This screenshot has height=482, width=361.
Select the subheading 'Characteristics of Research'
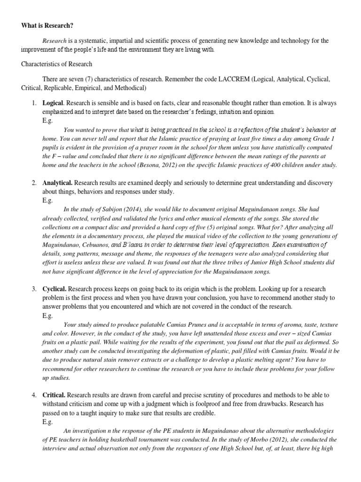point(56,64)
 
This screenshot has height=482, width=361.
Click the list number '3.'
point(35,289)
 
